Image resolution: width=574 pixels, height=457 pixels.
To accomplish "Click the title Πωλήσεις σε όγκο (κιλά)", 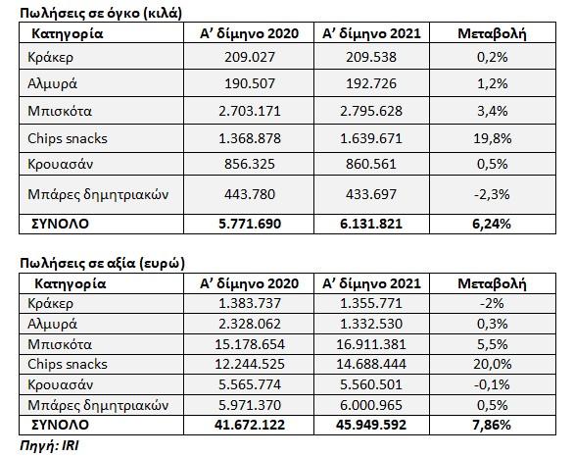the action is [x=101, y=13].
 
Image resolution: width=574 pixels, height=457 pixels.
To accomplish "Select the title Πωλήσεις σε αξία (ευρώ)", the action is [x=102, y=263].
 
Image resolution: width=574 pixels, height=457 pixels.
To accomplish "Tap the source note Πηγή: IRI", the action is [x=49, y=445].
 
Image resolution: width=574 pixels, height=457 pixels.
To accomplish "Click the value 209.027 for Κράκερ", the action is [x=250, y=57].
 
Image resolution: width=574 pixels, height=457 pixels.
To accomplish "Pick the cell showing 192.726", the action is [x=371, y=83].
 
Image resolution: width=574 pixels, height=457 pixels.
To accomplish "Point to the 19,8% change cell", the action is [x=493, y=138].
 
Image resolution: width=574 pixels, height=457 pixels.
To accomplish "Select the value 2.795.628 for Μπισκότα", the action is [x=371, y=111].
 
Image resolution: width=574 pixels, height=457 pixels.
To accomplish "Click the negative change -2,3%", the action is [x=492, y=194].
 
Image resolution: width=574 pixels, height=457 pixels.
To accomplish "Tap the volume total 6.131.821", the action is [x=371, y=224].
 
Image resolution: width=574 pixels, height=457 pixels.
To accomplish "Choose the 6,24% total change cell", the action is [x=492, y=224].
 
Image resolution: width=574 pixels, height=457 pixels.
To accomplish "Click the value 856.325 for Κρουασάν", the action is [x=250, y=164].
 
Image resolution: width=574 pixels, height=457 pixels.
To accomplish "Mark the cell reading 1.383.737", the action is [x=250, y=303].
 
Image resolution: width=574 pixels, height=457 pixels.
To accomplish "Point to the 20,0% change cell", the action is [x=493, y=364].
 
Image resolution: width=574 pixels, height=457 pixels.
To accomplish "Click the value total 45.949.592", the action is [x=371, y=425].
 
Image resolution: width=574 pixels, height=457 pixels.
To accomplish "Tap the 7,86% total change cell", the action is [x=492, y=425].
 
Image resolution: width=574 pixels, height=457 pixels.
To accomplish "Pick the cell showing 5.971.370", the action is [x=250, y=405].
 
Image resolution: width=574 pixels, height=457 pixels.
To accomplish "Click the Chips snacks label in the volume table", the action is [x=68, y=138].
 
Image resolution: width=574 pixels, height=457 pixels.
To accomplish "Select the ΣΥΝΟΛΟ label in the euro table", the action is [x=61, y=425].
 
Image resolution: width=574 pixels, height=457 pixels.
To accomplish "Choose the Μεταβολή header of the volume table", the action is [x=492, y=33].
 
